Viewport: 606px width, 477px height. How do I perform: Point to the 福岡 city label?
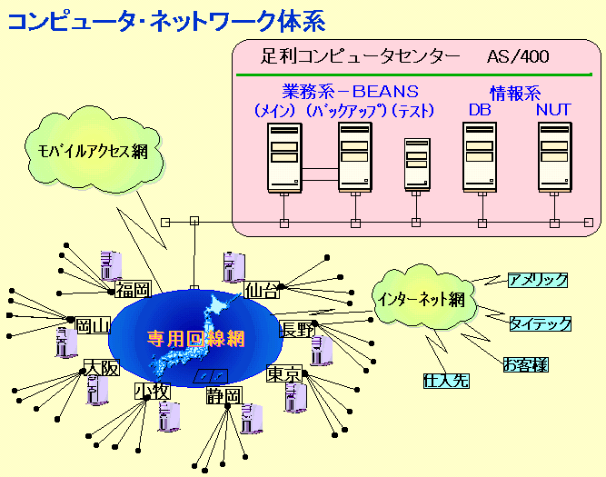pyautogui.click(x=132, y=290)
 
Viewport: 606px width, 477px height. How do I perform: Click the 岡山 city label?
pyautogui.click(x=93, y=325)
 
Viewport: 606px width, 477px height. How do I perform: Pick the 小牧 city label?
pyautogui.click(x=150, y=392)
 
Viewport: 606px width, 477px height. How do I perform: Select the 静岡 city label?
pyautogui.click(x=224, y=395)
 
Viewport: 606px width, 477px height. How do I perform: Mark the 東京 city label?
pyautogui.click(x=283, y=373)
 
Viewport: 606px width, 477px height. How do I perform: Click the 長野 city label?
pyautogui.click(x=299, y=329)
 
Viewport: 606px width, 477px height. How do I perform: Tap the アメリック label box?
pyautogui.click(x=538, y=280)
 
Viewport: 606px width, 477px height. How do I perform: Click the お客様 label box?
pyautogui.click(x=526, y=365)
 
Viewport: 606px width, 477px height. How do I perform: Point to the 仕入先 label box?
pyautogui.click(x=446, y=381)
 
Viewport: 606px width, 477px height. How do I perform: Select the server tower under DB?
pyautogui.click(x=479, y=157)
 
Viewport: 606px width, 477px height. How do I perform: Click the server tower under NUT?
pyautogui.click(x=553, y=157)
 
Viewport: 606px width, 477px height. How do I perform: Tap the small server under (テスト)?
pyautogui.click(x=416, y=164)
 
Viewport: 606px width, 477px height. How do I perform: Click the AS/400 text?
pyautogui.click(x=518, y=56)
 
